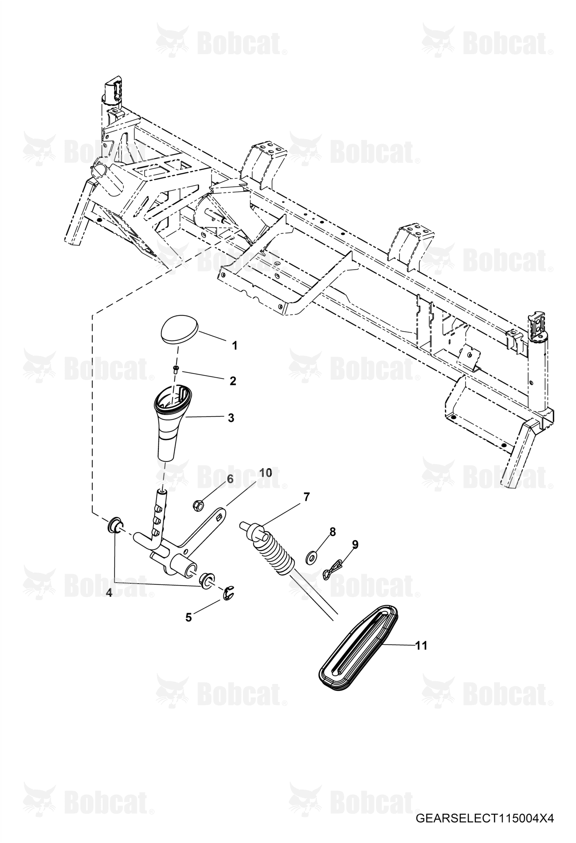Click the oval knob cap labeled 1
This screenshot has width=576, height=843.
click(179, 329)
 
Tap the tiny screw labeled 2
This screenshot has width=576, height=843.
click(176, 369)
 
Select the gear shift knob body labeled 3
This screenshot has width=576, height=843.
click(172, 423)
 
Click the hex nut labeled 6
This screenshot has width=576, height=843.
click(198, 505)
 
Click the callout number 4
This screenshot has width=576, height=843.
click(109, 593)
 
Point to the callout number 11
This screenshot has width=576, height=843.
click(421, 646)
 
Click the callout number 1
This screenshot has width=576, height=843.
click(234, 345)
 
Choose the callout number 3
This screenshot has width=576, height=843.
click(231, 418)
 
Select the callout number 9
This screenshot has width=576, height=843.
click(355, 544)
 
